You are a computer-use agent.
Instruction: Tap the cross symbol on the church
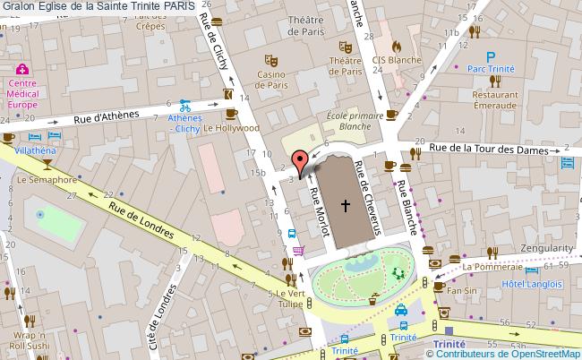345,205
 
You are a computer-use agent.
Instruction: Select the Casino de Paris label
271,80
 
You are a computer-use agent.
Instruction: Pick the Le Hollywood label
231,128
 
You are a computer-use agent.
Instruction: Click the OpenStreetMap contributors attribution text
502,354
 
